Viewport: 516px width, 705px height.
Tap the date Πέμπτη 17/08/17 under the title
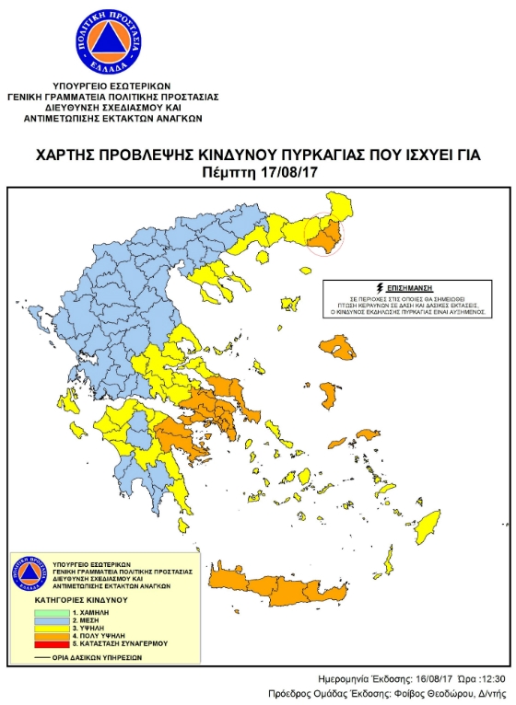tap(257, 172)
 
